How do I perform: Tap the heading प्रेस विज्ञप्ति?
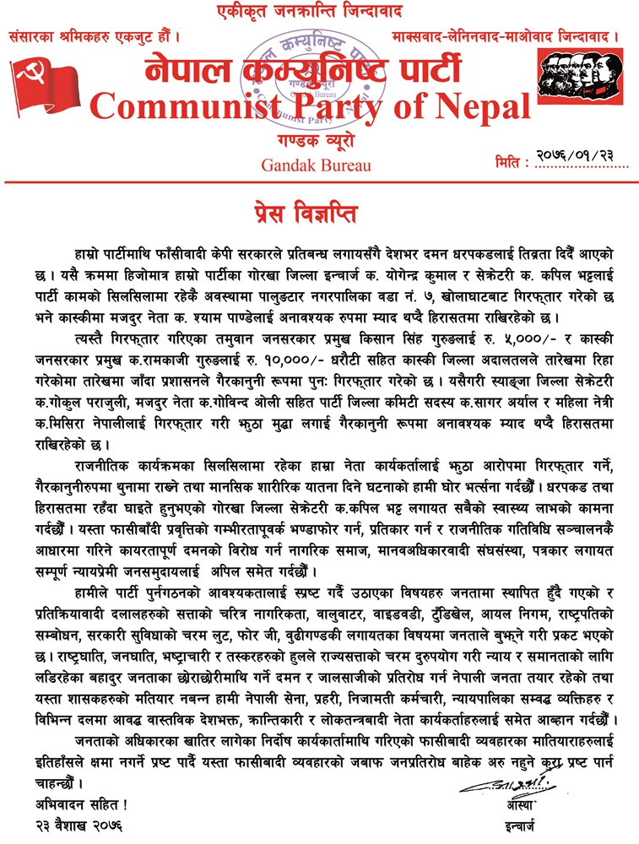pos(318,206)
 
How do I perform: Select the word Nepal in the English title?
pos(480,105)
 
